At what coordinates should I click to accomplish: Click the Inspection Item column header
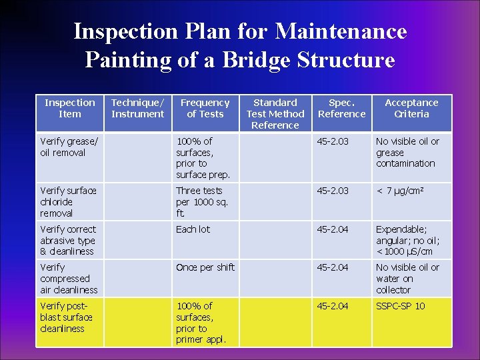pyautogui.click(x=69, y=108)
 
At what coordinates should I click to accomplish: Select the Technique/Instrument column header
pyautogui.click(x=137, y=108)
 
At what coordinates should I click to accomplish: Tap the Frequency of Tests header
pyautogui.click(x=205, y=108)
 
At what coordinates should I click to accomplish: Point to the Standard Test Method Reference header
pyautogui.click(x=275, y=113)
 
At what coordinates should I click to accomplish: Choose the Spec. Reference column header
pyautogui.click(x=341, y=108)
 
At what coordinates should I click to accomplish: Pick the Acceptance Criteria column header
pyautogui.click(x=411, y=108)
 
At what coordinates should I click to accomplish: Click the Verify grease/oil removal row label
pyautogui.click(x=69, y=147)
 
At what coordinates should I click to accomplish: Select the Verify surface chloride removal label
pyautogui.click(x=68, y=201)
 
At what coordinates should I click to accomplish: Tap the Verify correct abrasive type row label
pyautogui.click(x=68, y=240)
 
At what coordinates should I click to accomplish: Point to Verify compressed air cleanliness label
pyautogui.click(x=69, y=278)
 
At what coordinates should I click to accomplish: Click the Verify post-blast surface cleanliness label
pyautogui.click(x=67, y=317)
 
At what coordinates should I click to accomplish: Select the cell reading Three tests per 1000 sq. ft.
pyautogui.click(x=202, y=201)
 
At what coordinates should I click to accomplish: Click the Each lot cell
pyautogui.click(x=193, y=229)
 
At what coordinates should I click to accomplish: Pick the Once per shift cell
pyautogui.click(x=205, y=267)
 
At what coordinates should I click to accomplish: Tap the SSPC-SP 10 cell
pyautogui.click(x=400, y=306)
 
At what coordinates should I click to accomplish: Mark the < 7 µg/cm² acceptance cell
pyautogui.click(x=400, y=191)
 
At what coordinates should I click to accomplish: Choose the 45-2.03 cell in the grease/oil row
pyautogui.click(x=333, y=141)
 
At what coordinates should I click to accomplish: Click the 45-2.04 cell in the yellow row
pyautogui.click(x=333, y=306)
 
